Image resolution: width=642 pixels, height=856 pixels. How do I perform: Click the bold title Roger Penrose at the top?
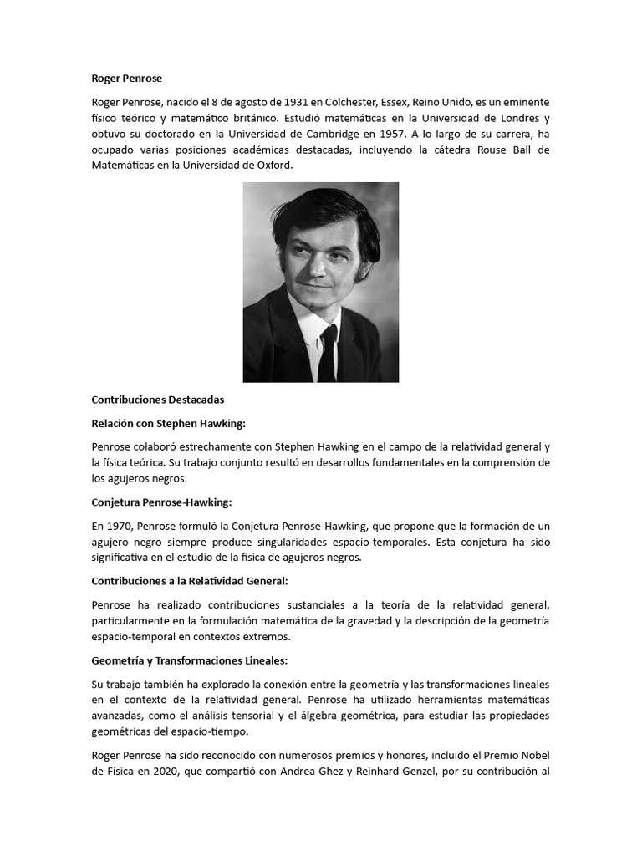[x=126, y=79]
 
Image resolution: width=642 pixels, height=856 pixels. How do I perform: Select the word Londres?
[x=512, y=118]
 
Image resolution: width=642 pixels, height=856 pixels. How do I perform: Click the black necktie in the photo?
[x=328, y=351]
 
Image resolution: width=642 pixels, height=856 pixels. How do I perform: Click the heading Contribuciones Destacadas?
[x=157, y=400]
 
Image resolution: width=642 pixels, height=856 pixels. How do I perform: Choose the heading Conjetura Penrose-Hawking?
[x=160, y=502]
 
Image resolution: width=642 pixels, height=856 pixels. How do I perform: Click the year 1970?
[x=116, y=526]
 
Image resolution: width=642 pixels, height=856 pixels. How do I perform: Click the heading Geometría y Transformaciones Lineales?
[x=189, y=660]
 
